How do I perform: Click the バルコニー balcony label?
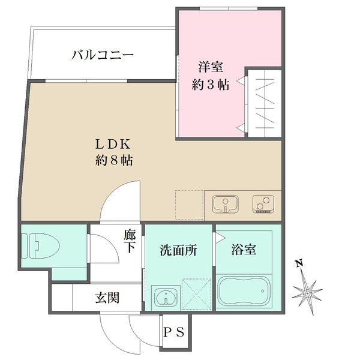(x=101, y=56)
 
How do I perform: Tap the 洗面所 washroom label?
(x=178, y=250)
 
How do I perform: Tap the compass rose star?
(x=307, y=293)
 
